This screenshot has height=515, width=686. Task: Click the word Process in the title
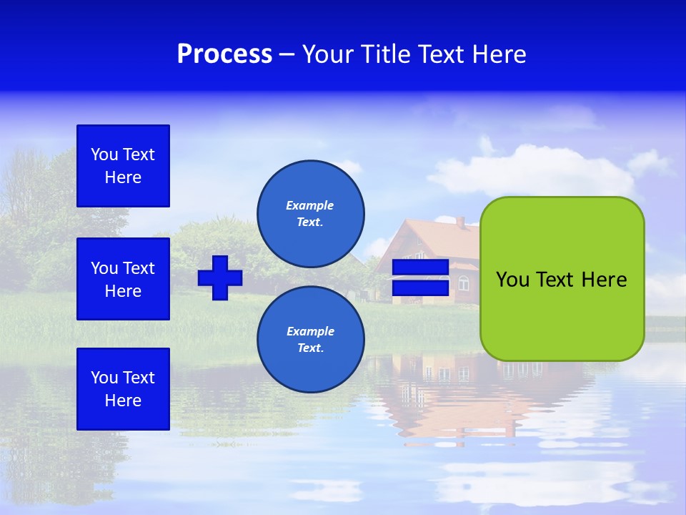tap(224, 54)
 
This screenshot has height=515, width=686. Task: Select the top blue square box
tap(123, 166)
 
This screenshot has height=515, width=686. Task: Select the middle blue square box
tap(123, 279)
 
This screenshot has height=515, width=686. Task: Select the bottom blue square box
tap(123, 389)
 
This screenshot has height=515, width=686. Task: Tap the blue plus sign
tap(220, 278)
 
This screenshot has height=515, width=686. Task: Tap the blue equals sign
tap(420, 278)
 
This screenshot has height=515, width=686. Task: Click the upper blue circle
tap(311, 213)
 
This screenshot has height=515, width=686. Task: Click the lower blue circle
tap(311, 339)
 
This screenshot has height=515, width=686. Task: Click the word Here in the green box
tap(604, 280)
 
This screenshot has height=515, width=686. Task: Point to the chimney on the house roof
tap(461, 222)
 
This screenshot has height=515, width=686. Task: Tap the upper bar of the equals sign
tap(420, 268)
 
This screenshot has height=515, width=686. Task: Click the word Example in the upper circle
tap(309, 205)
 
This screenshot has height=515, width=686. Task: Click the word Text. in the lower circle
tap(310, 348)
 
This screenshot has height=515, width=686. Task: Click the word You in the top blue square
tap(104, 154)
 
